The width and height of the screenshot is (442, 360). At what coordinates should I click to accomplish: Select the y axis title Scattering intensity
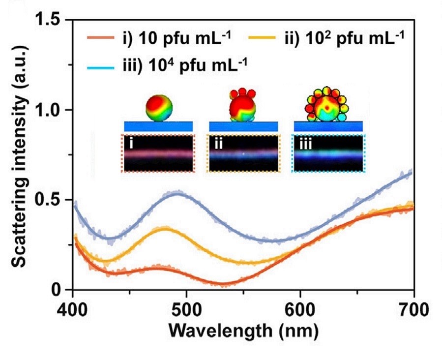click(21, 155)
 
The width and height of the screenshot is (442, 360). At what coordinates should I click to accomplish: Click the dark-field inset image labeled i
click(159, 153)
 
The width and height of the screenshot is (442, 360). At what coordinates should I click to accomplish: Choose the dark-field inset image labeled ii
click(243, 153)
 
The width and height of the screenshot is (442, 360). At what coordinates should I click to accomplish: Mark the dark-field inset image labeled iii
click(328, 153)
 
